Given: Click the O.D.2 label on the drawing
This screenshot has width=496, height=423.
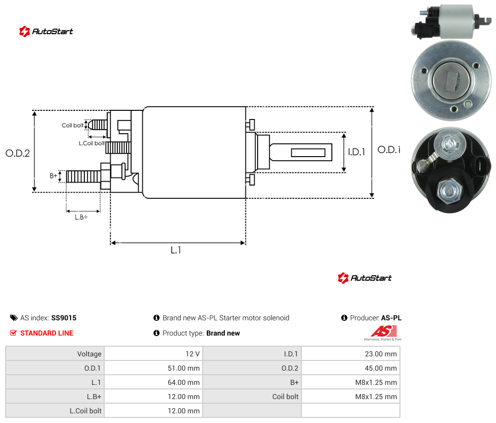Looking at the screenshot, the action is click(18, 153).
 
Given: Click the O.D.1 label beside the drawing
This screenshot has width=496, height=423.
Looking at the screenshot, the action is click(389, 149).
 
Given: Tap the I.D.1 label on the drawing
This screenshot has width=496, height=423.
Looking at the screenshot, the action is click(357, 152).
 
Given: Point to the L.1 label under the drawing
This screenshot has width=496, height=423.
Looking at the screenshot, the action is click(176, 250).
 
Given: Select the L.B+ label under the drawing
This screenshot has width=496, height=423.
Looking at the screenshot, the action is click(81, 217).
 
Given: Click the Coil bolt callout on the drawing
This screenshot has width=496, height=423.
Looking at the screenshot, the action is click(73, 125).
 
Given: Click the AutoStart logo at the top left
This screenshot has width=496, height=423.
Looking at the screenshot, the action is click(46, 32).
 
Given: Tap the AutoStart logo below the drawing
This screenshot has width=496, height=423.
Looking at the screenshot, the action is click(365, 278).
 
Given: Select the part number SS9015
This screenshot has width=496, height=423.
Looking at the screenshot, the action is click(64, 318).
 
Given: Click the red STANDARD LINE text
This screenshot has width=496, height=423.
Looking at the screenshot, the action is click(47, 333).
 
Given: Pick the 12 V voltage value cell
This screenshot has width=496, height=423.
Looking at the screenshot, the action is click(154, 354).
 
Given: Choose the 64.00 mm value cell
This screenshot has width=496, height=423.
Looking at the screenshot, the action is click(154, 382).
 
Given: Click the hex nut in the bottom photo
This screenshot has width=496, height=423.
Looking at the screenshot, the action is click(449, 191).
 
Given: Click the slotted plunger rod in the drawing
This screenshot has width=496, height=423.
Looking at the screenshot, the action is click(300, 152).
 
